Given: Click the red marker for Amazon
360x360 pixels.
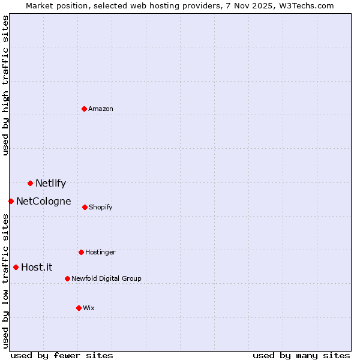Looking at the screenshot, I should (84, 109).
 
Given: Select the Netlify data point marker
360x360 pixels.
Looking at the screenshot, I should (30, 183).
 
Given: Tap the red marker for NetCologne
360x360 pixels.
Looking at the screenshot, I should (11, 201).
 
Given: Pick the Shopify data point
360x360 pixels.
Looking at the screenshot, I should (85, 207).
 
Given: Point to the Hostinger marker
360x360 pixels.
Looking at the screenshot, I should (81, 252).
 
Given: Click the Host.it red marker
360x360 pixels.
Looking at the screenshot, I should (16, 267).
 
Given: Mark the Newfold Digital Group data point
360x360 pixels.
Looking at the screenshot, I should (67, 278).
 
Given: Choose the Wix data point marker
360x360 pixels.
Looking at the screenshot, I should (79, 308).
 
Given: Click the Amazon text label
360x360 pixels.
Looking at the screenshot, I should (101, 109).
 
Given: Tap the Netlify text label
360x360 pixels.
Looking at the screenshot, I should (50, 184).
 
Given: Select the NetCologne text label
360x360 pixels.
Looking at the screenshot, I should (43, 202).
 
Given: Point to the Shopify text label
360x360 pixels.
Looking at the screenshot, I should (101, 207).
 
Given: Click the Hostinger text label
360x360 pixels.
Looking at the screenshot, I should (100, 252).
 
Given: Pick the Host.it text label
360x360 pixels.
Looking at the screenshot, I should (37, 268).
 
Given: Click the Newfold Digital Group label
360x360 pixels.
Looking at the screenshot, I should (106, 278).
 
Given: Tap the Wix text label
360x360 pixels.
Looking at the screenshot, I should (89, 308).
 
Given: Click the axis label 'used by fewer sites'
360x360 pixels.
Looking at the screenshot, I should (62, 355).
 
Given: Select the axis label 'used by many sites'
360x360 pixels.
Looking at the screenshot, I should (301, 355).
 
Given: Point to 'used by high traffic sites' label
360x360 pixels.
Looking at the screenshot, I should (5, 85).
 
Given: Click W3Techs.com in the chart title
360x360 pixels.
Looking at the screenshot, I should (304, 5).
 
